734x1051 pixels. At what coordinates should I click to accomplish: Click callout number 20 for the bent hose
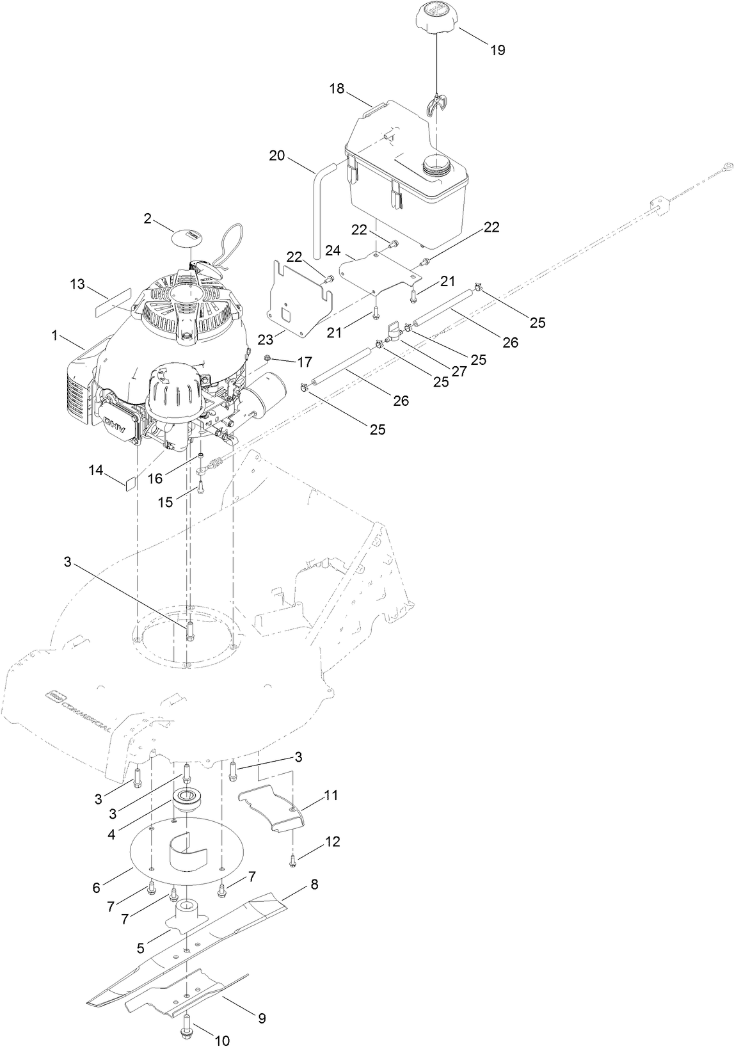pos(277,156)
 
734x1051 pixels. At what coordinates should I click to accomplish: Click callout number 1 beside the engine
pos(55,335)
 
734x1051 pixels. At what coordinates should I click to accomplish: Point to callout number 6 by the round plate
pos(97,887)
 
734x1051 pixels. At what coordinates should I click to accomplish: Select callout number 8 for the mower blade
pos(314,885)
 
